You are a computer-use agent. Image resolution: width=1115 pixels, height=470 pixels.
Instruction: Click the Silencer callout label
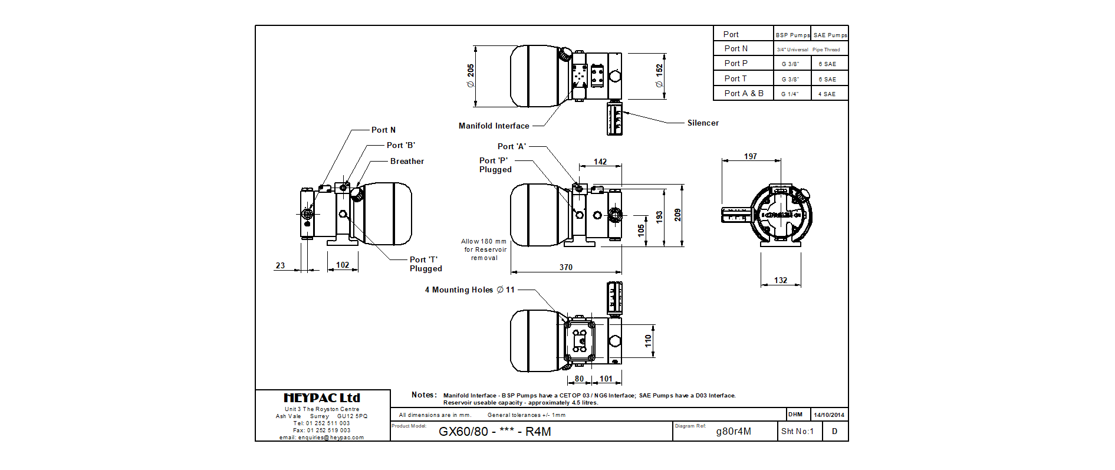pos(703,123)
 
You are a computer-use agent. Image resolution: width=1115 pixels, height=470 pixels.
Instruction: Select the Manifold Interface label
pos(494,126)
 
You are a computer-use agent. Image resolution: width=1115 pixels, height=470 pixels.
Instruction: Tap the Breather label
pos(407,162)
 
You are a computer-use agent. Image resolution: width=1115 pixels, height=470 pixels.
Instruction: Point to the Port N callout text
pos(383,130)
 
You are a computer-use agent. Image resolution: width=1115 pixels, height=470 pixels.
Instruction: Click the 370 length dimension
pos(566,268)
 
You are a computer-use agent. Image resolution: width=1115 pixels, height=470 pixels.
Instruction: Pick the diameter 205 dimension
pos(471,76)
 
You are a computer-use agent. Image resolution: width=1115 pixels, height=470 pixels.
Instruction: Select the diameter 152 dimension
pos(659,76)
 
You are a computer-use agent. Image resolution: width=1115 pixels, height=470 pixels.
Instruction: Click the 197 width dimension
pos(750,157)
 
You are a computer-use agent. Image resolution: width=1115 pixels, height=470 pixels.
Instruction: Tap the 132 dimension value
pos(781,281)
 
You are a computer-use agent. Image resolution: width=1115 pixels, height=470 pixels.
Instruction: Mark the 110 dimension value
pos(648,341)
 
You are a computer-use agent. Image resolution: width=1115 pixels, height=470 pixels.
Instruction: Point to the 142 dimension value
pos(600,162)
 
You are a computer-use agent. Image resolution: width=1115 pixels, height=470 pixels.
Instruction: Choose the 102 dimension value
pos(343,265)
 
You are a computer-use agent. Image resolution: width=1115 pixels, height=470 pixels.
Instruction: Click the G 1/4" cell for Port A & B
pos(790,94)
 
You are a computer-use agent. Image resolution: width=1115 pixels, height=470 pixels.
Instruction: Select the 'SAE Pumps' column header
pos(830,35)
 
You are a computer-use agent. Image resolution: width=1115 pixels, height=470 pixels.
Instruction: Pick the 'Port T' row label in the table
pos(735,79)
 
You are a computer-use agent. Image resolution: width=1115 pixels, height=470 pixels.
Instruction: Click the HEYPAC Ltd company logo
pos(322,398)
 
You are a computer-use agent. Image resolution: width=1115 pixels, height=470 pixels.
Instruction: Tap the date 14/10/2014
pos(829,415)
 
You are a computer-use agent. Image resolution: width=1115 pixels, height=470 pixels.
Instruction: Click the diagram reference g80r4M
pos(734,432)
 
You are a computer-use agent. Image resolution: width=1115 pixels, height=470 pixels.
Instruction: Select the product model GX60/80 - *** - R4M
pos(495,432)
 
